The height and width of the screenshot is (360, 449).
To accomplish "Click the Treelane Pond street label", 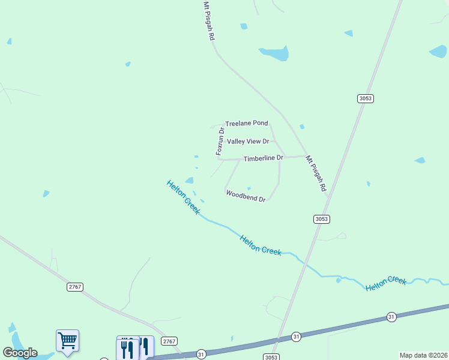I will (246, 123).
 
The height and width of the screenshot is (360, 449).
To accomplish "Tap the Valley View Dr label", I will (248, 142).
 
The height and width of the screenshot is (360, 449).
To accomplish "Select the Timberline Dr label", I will (263, 158).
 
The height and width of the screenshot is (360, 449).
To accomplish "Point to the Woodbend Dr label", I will (246, 196).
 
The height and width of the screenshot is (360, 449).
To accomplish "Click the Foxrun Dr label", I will (220, 141).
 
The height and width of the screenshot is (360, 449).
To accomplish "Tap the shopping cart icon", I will (67, 341).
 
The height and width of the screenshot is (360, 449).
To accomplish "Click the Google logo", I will (20, 353).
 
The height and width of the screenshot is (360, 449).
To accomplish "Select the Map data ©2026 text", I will (424, 355).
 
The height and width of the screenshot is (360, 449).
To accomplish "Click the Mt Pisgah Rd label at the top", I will (209, 20).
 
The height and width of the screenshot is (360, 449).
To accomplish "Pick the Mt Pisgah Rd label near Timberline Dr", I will (316, 174).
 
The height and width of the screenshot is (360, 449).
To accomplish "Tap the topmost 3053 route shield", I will (364, 98).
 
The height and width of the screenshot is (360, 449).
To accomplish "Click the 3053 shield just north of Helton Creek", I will (322, 219).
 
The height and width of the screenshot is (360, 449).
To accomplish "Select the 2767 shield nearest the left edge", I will (75, 287).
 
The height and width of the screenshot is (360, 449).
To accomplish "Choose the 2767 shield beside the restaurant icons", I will (170, 341).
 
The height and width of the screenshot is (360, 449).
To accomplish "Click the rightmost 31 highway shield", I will (391, 317).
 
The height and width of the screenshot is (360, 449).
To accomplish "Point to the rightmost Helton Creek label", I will (386, 284).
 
